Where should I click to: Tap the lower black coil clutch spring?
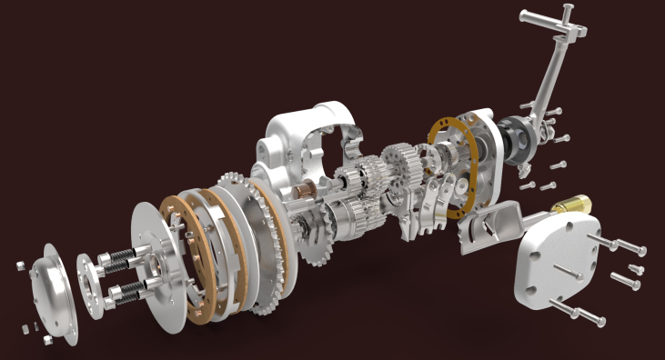coord(126,292)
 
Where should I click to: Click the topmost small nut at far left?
coord(19,265)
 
